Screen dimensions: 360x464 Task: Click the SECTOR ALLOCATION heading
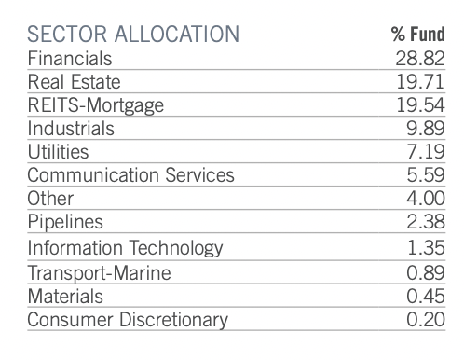132,35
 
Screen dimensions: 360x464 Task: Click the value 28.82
421,59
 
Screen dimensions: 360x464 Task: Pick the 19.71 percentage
421,82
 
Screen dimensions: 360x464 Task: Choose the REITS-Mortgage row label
96,105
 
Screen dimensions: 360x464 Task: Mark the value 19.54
421,105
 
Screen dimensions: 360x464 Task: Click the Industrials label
71,129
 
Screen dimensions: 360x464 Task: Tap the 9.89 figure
426,129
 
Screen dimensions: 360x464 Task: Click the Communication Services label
130,175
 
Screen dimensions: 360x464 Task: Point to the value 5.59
426,175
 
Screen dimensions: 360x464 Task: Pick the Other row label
50,199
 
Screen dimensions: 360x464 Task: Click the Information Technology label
126,248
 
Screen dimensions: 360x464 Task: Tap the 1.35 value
426,248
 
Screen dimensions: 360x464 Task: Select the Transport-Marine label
98,272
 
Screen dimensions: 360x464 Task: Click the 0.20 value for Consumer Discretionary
426,320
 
